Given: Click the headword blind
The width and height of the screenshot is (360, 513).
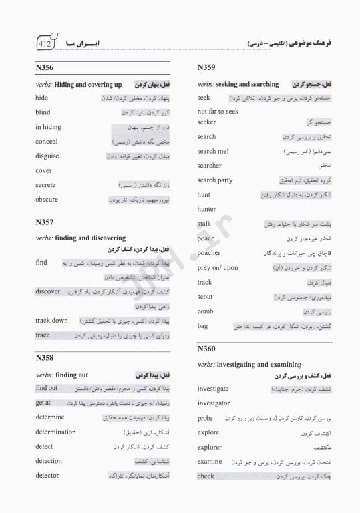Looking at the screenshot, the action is pyautogui.click(x=43, y=112).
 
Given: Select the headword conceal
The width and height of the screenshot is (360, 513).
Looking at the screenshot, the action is pyautogui.click(x=47, y=142).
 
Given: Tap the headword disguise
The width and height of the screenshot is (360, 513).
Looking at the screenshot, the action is pyautogui.click(x=47, y=156).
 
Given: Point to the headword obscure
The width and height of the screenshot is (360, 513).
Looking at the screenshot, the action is pyautogui.click(x=47, y=200).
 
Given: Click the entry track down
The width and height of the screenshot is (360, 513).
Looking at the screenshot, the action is pyautogui.click(x=51, y=321).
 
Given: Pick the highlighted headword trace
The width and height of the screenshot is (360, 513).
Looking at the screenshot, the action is pyautogui.click(x=43, y=335).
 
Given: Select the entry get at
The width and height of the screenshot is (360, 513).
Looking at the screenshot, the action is pyautogui.click(x=43, y=403).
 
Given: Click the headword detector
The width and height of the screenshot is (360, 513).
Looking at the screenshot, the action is pyautogui.click(x=47, y=476).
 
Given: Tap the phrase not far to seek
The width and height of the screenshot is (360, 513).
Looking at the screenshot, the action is pyautogui.click(x=218, y=112).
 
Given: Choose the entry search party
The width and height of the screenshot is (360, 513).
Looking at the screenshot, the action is pyautogui.click(x=215, y=180).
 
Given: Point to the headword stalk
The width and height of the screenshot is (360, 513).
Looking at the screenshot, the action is pyautogui.click(x=204, y=224).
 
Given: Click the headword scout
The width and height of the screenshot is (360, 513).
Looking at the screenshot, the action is pyautogui.click(x=205, y=297).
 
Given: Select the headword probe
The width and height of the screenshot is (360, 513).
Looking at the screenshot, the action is pyautogui.click(x=205, y=418).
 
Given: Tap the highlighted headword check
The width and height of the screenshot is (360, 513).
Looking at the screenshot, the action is pyautogui.click(x=206, y=476).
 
